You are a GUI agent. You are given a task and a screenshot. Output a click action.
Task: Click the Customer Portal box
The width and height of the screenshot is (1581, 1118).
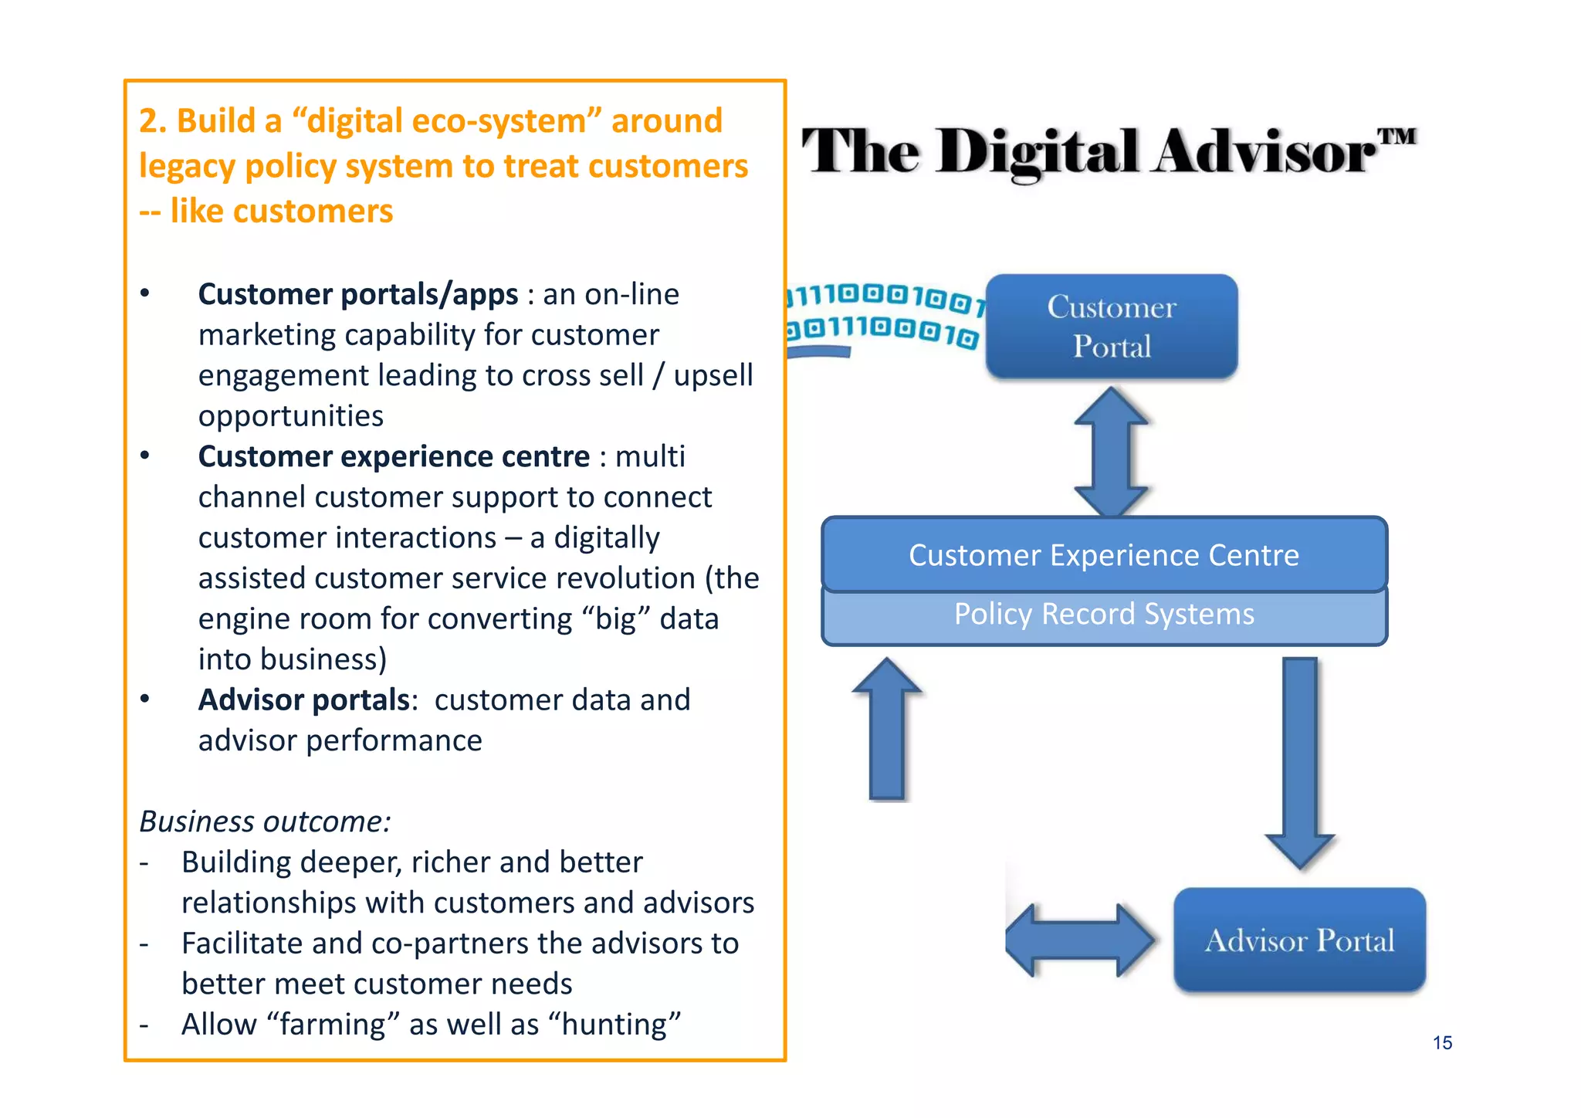coord(1112,327)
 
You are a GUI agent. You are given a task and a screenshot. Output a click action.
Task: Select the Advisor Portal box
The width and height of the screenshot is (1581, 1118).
coord(1299,940)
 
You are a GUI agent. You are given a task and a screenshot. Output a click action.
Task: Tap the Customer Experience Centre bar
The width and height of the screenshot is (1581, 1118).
coord(1104,554)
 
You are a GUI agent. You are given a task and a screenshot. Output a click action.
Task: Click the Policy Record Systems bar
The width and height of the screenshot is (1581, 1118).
coord(1104,615)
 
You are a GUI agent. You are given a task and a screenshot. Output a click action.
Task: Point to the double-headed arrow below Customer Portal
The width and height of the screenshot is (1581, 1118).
coord(1112,451)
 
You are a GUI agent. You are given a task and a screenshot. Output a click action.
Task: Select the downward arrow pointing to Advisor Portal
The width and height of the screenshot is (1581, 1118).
coord(1300,761)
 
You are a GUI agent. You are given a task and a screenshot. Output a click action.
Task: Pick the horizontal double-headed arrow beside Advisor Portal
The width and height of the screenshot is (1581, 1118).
coord(1081,940)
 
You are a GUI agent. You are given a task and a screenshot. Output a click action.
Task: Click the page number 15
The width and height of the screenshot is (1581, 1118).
coord(1442,1043)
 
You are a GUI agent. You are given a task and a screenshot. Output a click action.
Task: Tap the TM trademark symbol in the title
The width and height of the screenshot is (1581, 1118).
coord(1397,137)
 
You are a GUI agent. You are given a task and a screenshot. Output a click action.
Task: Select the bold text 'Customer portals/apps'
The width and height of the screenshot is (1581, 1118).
coord(358,294)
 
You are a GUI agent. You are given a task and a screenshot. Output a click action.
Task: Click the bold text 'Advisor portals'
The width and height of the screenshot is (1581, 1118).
coord(304,700)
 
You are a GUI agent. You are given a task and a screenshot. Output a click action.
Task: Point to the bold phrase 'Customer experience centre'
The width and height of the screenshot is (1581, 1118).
coord(394,456)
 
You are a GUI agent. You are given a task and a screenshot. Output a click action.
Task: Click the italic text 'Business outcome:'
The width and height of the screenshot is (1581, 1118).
coord(265,822)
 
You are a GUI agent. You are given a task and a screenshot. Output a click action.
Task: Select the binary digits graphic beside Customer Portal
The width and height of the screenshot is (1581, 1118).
coord(885,317)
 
